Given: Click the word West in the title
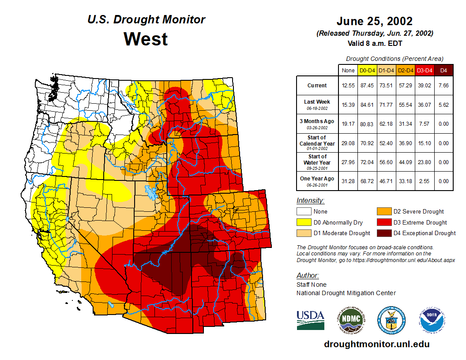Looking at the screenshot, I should tap(146, 39).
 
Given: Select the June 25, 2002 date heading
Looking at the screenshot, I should tap(374, 21).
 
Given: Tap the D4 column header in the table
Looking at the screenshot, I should tap(443, 70).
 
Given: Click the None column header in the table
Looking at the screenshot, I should tap(348, 70).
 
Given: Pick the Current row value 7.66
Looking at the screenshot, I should tap(443, 86).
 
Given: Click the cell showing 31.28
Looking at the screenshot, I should tap(348, 181).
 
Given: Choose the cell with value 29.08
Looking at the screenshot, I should tap(348, 143).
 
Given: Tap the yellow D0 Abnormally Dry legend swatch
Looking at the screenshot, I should tap(303, 222).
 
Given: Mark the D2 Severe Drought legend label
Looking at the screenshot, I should tap(418, 212).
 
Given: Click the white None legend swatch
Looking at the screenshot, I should tap(303, 212).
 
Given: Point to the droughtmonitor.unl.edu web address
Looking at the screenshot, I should tap(376, 344).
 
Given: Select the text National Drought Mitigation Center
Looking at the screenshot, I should tap(346, 293).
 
